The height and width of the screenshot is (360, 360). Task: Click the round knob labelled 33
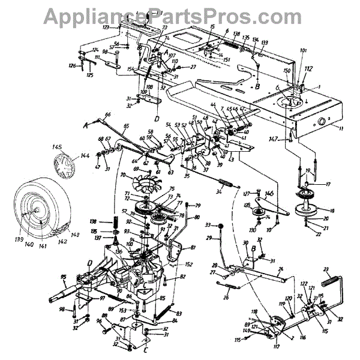point(218,225)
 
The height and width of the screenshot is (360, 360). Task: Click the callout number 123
point(106,28)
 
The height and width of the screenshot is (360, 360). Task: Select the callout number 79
point(197,206)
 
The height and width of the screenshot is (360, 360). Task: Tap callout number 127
point(246,193)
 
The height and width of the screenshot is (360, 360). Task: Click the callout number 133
point(265,42)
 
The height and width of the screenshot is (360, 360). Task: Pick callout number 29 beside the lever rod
point(210,239)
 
